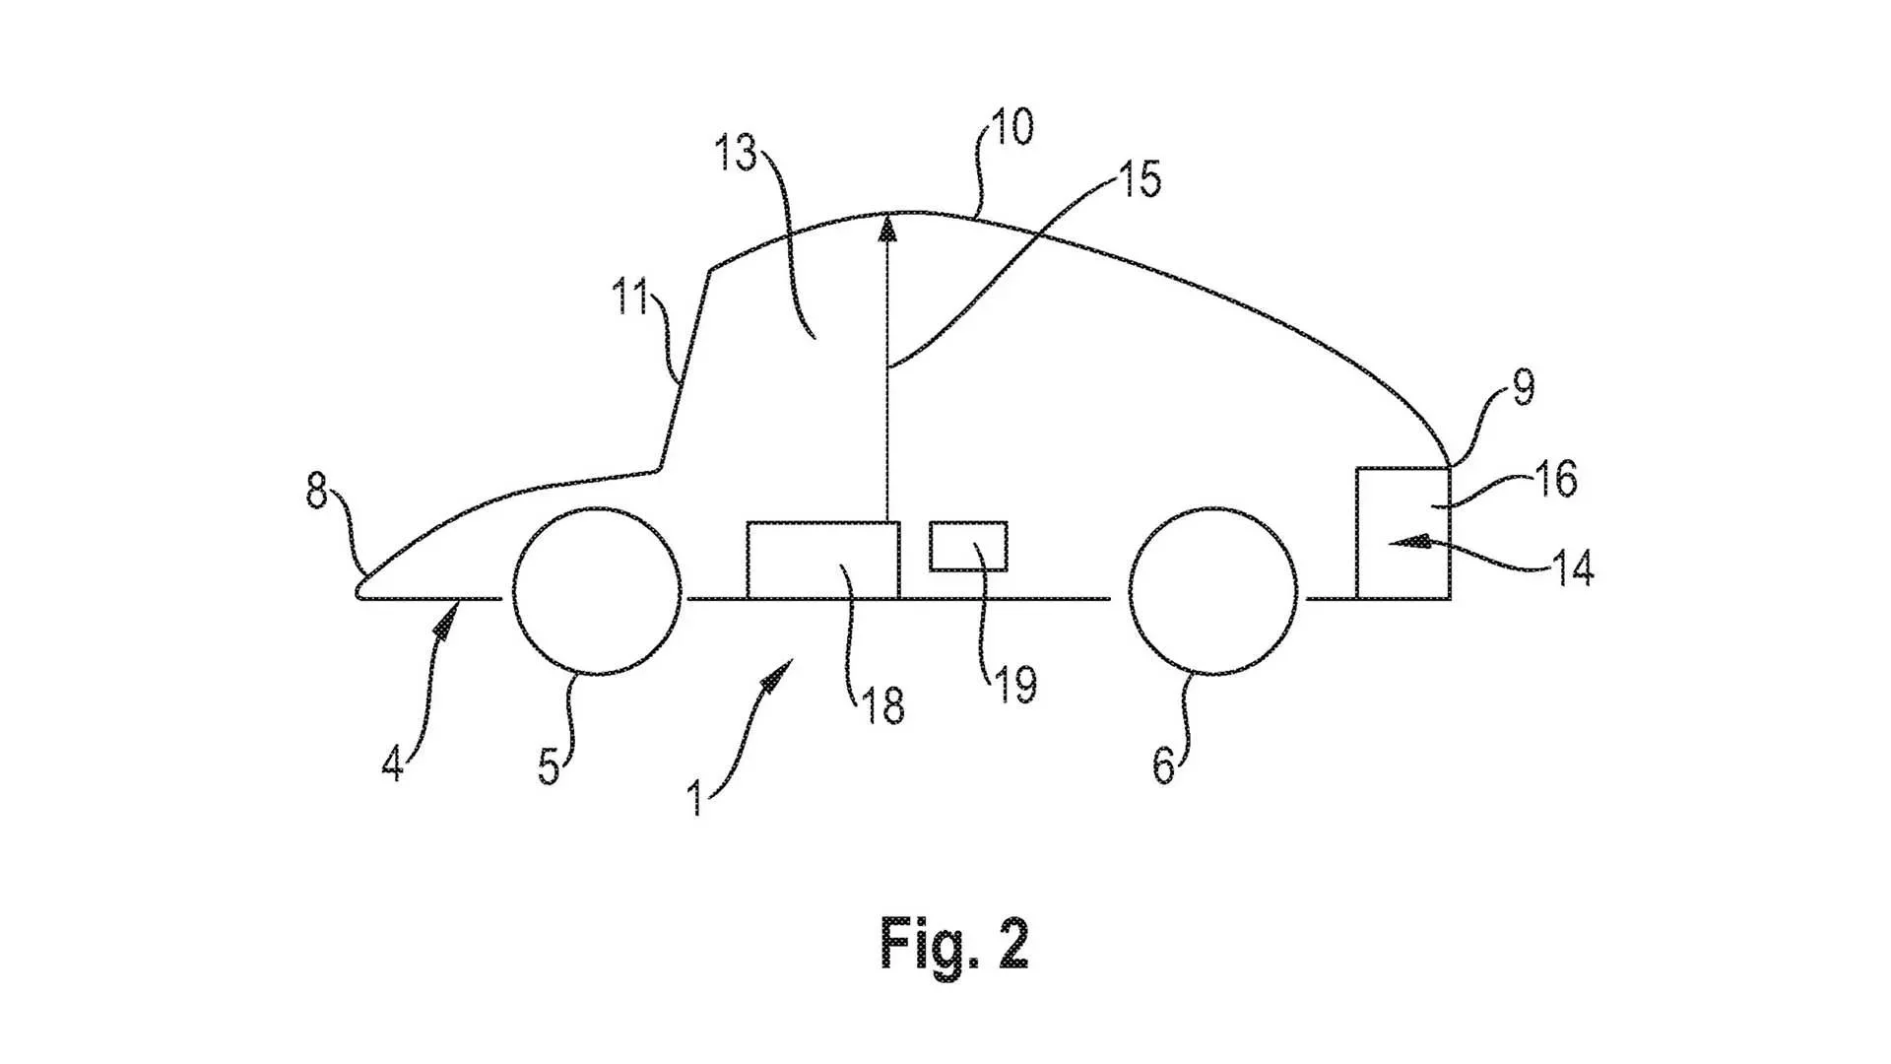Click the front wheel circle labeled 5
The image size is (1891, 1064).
tap(597, 591)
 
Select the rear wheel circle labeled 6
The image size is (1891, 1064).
tap(1212, 591)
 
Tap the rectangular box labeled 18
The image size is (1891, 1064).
tap(823, 560)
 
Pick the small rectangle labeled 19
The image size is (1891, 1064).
tap(968, 547)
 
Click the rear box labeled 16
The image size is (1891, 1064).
tap(1402, 532)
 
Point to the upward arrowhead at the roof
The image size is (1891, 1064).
tap(888, 229)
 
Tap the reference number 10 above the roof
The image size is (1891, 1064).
tap(1011, 127)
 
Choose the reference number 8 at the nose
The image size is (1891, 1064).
tap(315, 491)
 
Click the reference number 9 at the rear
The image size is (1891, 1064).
tap(1523, 388)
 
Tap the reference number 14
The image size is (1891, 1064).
tap(1572, 569)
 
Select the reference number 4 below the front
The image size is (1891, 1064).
tap(392, 765)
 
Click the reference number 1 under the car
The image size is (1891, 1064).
tap(695, 798)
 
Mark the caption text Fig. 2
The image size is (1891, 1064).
tap(953, 944)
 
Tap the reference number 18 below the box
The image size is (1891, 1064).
tap(882, 705)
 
